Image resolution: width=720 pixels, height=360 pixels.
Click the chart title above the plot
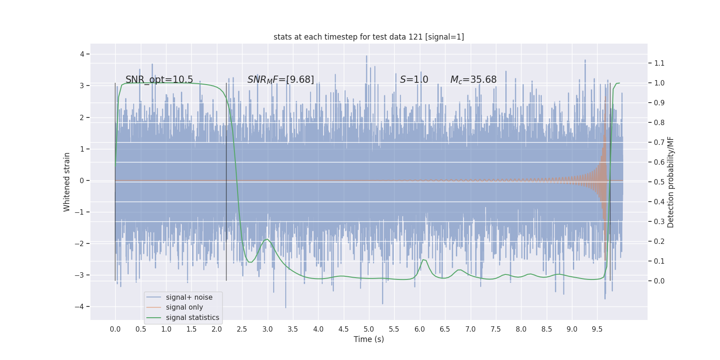(369, 37)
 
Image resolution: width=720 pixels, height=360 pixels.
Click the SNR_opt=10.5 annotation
(159, 80)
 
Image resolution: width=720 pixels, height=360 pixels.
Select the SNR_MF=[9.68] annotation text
(281, 80)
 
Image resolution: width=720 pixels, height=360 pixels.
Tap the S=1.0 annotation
(414, 80)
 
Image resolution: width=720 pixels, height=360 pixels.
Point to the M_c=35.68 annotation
(473, 80)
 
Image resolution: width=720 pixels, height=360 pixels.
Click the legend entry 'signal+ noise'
(189, 297)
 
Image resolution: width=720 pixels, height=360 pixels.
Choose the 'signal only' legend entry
(184, 307)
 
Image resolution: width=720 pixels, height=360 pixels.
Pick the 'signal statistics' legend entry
(192, 318)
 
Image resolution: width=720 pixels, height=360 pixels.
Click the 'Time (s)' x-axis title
(369, 339)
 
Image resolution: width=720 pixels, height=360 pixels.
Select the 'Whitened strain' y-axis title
(67, 182)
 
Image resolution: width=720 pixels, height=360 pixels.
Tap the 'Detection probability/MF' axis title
(671, 182)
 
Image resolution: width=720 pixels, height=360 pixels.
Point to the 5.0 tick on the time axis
(369, 329)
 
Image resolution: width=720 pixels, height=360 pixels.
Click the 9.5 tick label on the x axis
(597, 329)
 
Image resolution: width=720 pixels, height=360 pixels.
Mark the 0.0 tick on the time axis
(115, 329)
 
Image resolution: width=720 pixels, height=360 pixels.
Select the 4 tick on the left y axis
(82, 54)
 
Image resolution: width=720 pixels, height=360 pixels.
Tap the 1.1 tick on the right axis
(659, 63)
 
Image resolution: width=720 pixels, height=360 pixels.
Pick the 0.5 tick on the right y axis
(659, 182)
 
